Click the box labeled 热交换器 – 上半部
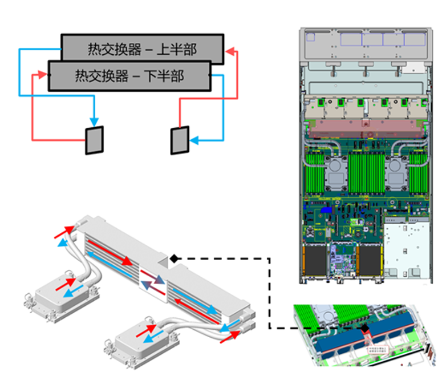point(142,48)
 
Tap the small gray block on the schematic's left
point(94,140)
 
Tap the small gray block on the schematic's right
point(180,140)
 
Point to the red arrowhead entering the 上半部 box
point(229,52)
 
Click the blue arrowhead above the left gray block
point(95,120)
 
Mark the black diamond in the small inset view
point(363,329)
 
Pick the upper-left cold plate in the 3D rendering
point(59,288)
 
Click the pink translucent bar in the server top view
point(365,127)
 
